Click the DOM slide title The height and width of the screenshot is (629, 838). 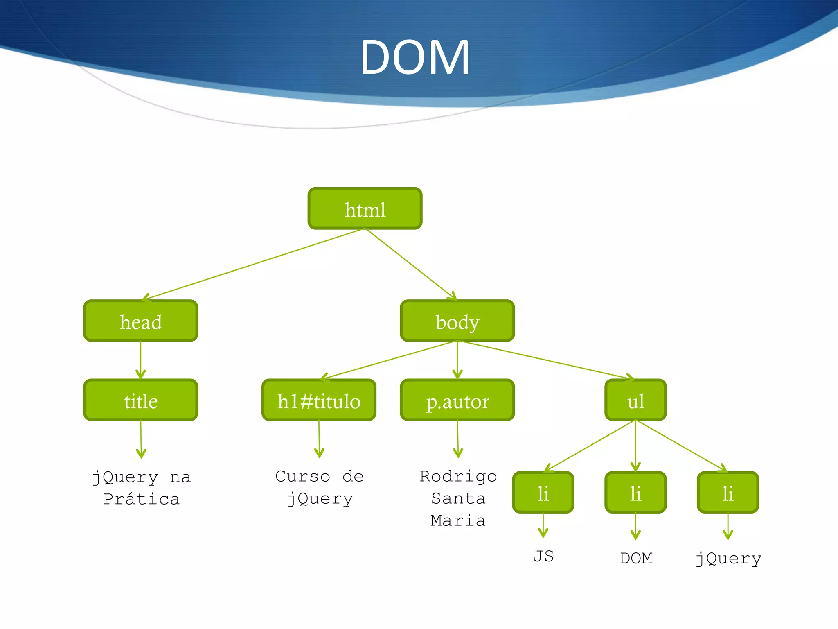click(x=414, y=57)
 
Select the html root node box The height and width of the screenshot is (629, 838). click(x=365, y=208)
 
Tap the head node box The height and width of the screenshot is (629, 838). click(x=141, y=321)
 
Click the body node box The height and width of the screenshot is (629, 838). click(x=457, y=321)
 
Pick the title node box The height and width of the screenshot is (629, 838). click(x=141, y=400)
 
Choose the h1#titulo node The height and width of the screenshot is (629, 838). click(x=319, y=400)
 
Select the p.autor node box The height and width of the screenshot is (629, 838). click(x=457, y=400)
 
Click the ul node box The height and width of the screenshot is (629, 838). click(x=635, y=400)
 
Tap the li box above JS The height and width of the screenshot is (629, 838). click(x=543, y=493)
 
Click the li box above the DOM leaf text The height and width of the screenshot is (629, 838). click(x=635, y=493)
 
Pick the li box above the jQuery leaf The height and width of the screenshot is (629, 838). click(x=728, y=493)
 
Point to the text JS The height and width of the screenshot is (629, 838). click(x=543, y=557)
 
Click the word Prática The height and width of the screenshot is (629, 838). click(x=141, y=499)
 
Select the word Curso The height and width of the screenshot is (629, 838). click(x=303, y=476)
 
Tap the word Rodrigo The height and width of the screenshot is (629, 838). click(x=458, y=476)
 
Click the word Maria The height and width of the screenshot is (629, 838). click(x=458, y=520)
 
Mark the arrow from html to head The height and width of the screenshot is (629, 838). click(x=254, y=264)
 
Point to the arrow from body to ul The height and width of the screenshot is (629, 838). click(x=546, y=360)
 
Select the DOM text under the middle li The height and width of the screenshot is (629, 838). click(x=636, y=558)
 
